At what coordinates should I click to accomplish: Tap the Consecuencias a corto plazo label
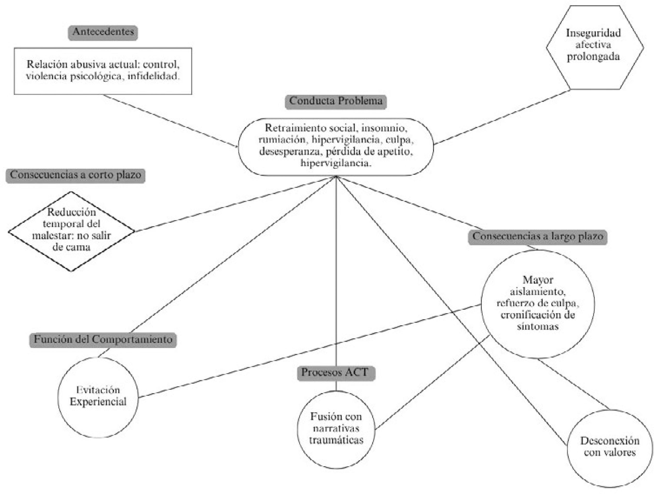pos(75,176)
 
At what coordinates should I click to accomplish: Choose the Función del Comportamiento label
pos(103,340)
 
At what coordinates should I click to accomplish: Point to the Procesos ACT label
pos(336,373)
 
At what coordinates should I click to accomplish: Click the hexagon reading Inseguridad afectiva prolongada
pos(595,47)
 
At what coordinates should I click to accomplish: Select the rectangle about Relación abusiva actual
pos(103,71)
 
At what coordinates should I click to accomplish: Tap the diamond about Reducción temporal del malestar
pos(71,231)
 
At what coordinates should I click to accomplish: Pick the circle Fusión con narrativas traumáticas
pos(336,429)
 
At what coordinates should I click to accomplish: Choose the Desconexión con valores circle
pos(610,448)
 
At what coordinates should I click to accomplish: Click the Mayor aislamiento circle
pos(537,304)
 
